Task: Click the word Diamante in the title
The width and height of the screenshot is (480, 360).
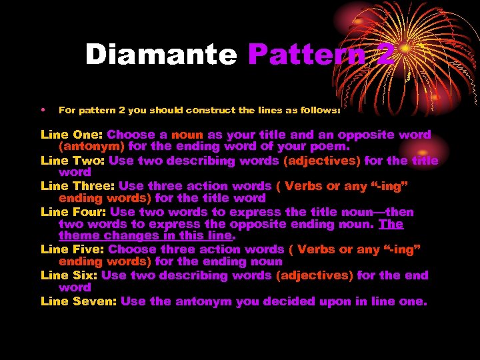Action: tap(161, 55)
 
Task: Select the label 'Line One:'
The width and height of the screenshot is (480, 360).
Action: tap(72, 135)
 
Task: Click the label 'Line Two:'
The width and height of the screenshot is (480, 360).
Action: tap(73, 161)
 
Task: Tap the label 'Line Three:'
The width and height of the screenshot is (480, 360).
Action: tap(79, 186)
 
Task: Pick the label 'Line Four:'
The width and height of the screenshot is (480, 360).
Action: tap(73, 212)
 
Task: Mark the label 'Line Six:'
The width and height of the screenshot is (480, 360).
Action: tap(69, 275)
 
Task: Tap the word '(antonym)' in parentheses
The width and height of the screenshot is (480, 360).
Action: tap(91, 147)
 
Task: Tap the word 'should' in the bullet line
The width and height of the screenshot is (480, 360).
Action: tap(159, 111)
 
